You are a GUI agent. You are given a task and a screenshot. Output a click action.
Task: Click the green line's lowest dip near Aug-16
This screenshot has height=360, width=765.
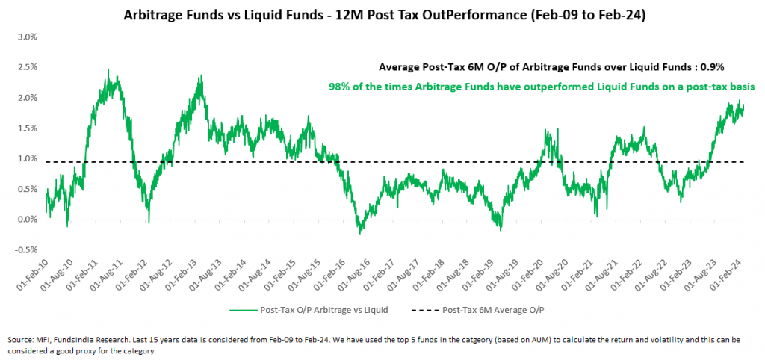click(361, 234)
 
